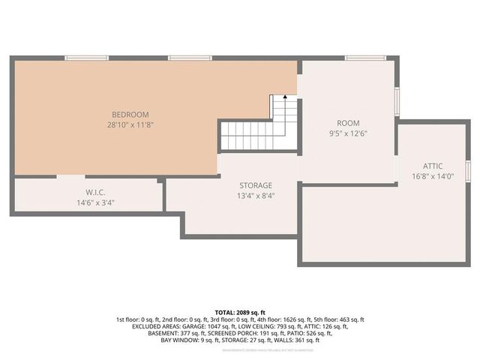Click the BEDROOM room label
pyautogui.click(x=127, y=114)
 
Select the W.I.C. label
pyautogui.click(x=94, y=192)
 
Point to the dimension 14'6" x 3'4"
pyautogui.click(x=94, y=202)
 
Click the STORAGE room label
pyautogui.click(x=256, y=185)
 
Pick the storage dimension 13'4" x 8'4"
pyautogui.click(x=256, y=196)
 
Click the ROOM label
pyautogui.click(x=348, y=123)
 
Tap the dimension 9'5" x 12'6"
pyautogui.click(x=348, y=134)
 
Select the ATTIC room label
pyautogui.click(x=433, y=166)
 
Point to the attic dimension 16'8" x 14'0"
pyautogui.click(x=433, y=178)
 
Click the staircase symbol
pyautogui.click(x=259, y=127)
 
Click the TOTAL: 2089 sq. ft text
pyautogui.click(x=240, y=312)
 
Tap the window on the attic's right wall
pyautogui.click(x=468, y=171)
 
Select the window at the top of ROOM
pyautogui.click(x=365, y=58)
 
